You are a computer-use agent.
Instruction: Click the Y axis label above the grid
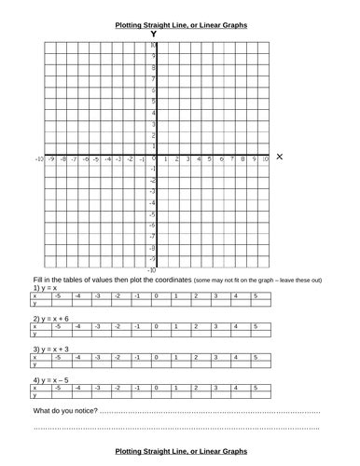tap(154, 34)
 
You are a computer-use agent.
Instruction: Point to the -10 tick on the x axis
tap(39, 160)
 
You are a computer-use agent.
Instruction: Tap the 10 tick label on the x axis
tap(265, 160)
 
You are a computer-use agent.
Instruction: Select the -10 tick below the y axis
tap(151, 269)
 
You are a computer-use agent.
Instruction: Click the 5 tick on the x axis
tap(210, 160)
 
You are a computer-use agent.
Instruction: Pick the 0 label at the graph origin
tap(155, 160)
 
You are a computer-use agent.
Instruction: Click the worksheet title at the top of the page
tap(180, 26)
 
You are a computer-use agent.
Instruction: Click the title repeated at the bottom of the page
tap(180, 451)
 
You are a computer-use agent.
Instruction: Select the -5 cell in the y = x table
tap(57, 296)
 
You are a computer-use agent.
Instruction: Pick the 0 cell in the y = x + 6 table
tap(157, 327)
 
